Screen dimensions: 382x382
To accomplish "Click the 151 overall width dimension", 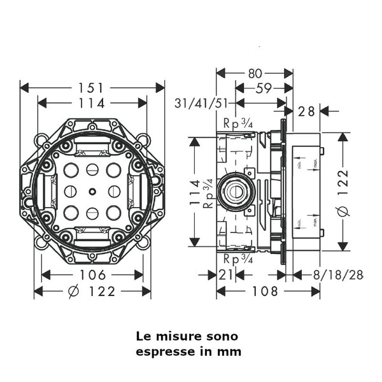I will point(93,87).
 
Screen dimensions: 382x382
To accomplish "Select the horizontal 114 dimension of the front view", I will point(92,103).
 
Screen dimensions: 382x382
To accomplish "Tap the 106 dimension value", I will point(93,275).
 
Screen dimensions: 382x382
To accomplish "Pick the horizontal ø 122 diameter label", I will point(92,292).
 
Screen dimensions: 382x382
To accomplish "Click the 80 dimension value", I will point(255,73).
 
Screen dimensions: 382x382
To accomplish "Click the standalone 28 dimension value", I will point(306,111).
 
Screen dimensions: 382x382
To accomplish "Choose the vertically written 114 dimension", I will point(195,192).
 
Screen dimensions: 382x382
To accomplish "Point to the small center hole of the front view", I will point(92,191).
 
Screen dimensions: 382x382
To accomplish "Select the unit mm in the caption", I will point(231,351).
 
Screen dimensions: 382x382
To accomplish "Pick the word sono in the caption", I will point(223,336).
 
